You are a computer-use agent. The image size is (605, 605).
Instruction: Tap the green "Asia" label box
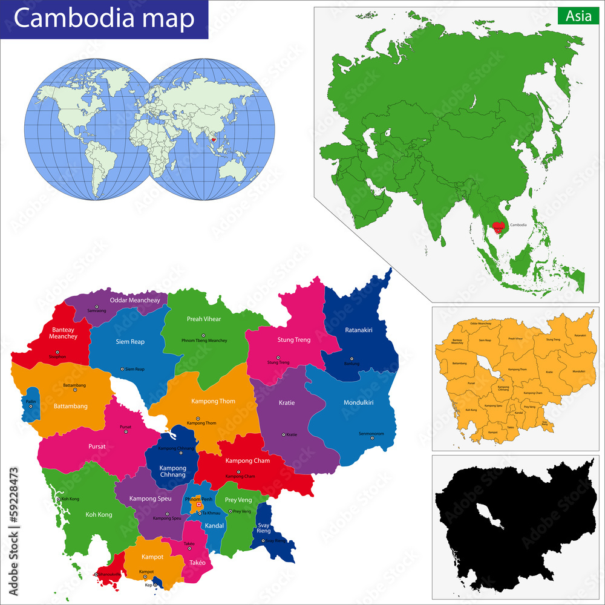578,16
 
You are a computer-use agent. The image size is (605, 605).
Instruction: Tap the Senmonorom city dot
372,439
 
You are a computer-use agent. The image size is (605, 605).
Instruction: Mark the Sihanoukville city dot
96,575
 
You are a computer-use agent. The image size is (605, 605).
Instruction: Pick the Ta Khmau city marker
200,513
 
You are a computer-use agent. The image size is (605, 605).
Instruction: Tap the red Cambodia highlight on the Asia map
498,227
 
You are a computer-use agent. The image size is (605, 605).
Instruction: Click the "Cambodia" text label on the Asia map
518,225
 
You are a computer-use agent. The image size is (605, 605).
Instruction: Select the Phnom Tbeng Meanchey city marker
204,335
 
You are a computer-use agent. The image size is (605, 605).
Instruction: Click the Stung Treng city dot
278,358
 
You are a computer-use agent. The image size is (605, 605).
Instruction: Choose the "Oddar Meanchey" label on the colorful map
135,300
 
